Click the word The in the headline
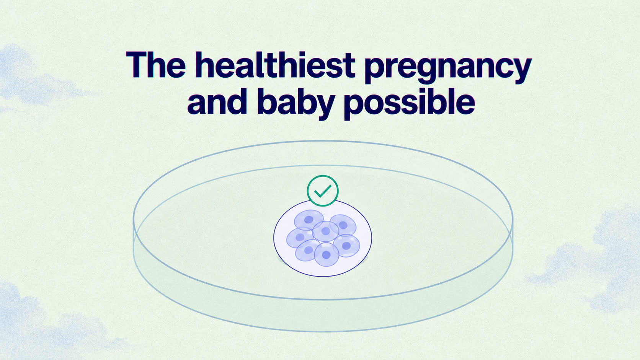click(x=156, y=65)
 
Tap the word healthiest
click(x=275, y=65)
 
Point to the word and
click(x=217, y=101)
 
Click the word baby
click(x=296, y=104)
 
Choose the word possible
click(x=410, y=104)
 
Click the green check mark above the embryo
click(x=323, y=191)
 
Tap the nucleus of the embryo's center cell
click(x=325, y=231)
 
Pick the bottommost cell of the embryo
click(x=327, y=254)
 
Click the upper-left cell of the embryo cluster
click(x=309, y=220)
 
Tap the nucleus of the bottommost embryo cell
click(x=326, y=255)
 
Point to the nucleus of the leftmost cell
click(x=300, y=237)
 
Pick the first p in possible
click(x=356, y=107)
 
